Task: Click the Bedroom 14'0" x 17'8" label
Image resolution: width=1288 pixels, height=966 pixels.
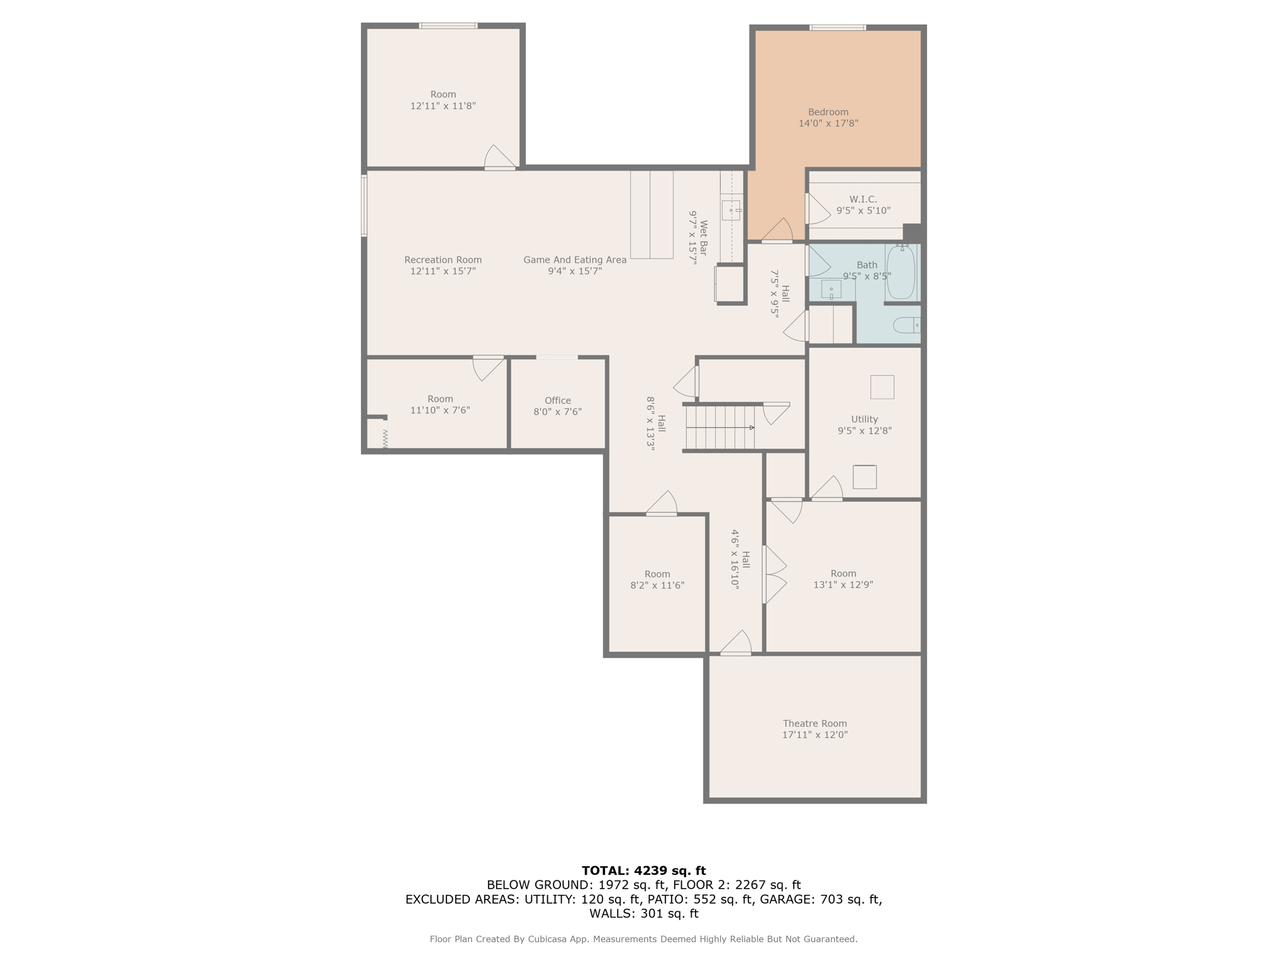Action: (828, 118)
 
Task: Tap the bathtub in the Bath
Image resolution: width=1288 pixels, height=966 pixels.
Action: (900, 272)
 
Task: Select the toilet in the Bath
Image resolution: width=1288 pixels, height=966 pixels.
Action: (906, 325)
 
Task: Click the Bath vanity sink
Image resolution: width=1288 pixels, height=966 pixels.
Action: (831, 289)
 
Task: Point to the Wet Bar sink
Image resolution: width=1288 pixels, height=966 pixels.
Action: (731, 210)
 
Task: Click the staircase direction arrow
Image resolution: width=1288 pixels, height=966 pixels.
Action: (752, 428)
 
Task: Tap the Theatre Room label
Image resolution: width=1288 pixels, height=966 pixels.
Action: (814, 729)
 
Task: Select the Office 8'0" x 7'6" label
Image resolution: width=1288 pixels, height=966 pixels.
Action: (557, 406)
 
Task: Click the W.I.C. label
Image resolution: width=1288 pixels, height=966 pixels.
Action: (863, 205)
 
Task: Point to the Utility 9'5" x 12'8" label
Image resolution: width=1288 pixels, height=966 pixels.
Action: (864, 425)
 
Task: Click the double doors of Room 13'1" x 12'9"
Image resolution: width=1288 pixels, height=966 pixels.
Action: (773, 575)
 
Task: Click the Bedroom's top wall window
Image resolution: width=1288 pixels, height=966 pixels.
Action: (837, 28)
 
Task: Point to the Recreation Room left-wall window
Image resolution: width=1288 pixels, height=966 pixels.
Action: (364, 206)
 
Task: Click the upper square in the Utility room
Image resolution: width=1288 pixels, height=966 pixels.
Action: (882, 387)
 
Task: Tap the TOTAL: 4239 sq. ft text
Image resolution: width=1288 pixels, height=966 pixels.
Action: (643, 870)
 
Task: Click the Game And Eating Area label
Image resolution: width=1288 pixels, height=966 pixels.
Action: (575, 265)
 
